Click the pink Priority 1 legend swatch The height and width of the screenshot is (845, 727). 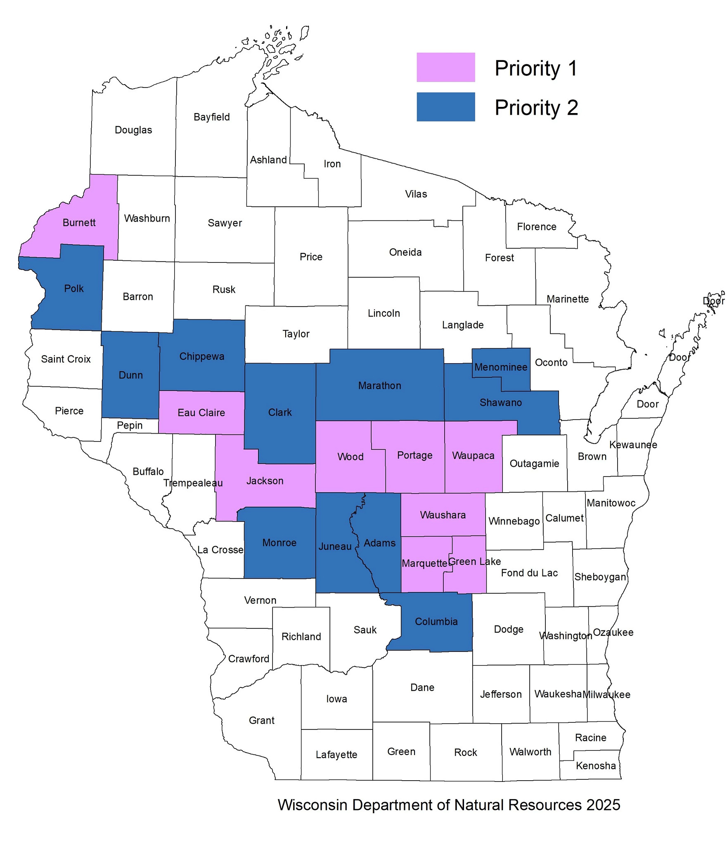[x=445, y=67]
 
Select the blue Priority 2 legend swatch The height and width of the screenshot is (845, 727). [x=445, y=107]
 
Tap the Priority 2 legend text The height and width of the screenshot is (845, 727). [x=536, y=108]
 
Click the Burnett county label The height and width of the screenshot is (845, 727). [x=79, y=223]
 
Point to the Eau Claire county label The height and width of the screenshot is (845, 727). [x=201, y=413]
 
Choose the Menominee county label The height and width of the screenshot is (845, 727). [x=500, y=367]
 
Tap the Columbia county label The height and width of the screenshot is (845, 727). [x=436, y=621]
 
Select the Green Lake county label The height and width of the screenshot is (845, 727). [x=474, y=562]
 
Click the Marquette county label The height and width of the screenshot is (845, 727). [x=424, y=563]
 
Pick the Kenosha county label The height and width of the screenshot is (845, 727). [x=595, y=766]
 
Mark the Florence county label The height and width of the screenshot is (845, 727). [x=536, y=227]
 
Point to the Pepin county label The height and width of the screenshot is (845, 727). [x=130, y=425]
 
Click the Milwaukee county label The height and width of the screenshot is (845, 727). [x=606, y=694]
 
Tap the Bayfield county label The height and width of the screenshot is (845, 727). [x=211, y=117]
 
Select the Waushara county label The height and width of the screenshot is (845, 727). [x=443, y=515]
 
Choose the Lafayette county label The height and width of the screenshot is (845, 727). [x=336, y=755]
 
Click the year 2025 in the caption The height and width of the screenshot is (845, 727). [x=603, y=805]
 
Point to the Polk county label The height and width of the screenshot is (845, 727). [x=74, y=288]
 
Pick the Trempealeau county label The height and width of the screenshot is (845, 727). [x=193, y=483]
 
